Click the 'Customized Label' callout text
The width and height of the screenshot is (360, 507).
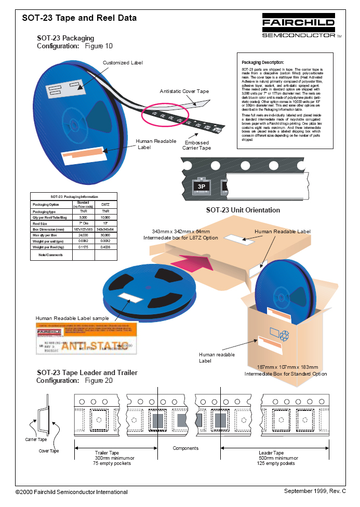click(x=123, y=63)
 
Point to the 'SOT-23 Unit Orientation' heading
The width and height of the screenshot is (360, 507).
click(x=243, y=210)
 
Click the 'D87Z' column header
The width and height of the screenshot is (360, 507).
click(x=105, y=205)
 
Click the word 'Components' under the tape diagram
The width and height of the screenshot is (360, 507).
click(x=185, y=448)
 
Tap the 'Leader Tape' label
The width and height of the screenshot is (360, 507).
click(x=271, y=452)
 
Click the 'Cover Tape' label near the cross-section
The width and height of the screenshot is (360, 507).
click(x=49, y=451)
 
